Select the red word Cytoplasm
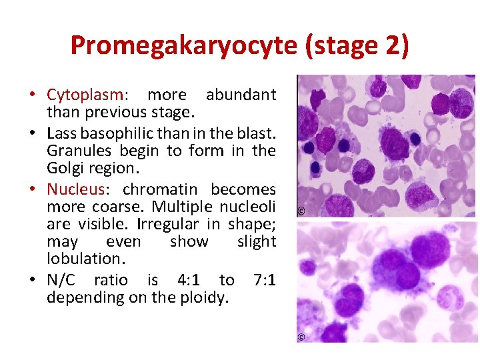pyautogui.click(x=85, y=95)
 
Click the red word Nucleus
pyautogui.click(x=77, y=189)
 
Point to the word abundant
pyautogui.click(x=241, y=95)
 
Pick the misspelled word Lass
pyautogui.click(x=61, y=132)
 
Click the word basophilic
pyautogui.click(x=115, y=132)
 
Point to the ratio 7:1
pyautogui.click(x=265, y=280)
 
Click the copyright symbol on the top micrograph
pyautogui.click(x=301, y=212)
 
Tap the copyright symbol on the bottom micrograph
pyautogui.click(x=301, y=338)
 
